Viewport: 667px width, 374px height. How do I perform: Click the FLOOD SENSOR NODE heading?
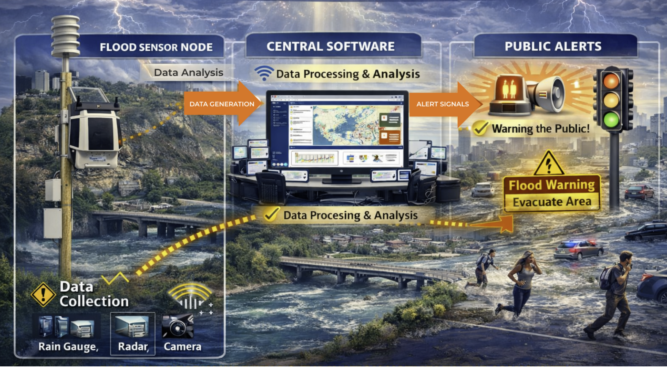[x=156, y=47]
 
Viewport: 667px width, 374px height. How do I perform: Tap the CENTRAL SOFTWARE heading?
[x=330, y=46]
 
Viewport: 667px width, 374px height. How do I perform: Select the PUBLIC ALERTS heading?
[x=553, y=46]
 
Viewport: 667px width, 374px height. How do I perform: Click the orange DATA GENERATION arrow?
[x=222, y=104]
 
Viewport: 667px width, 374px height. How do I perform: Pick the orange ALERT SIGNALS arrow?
[x=443, y=104]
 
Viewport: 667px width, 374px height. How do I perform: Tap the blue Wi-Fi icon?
[x=264, y=73]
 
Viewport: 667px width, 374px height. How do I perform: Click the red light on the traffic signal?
[x=611, y=81]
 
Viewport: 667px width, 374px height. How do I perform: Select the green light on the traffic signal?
[x=611, y=119]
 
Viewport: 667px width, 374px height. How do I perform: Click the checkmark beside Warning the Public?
[x=480, y=128]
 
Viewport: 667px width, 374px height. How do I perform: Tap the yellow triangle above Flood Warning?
[x=548, y=164]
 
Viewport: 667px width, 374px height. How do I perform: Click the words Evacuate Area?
[x=552, y=202]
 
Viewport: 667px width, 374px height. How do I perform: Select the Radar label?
[x=133, y=346]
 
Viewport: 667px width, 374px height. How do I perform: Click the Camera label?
[x=182, y=346]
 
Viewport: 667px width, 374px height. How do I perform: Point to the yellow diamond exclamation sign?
[x=43, y=294]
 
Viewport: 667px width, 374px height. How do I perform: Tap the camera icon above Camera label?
[x=178, y=326]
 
